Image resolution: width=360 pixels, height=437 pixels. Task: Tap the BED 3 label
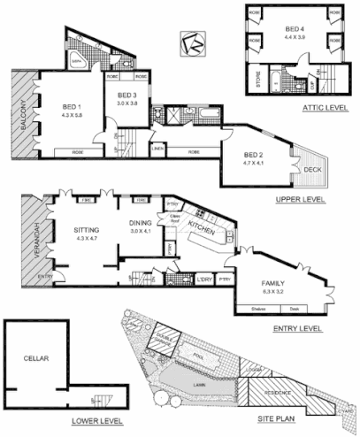click(127, 95)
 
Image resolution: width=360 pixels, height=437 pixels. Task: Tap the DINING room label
click(141, 224)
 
